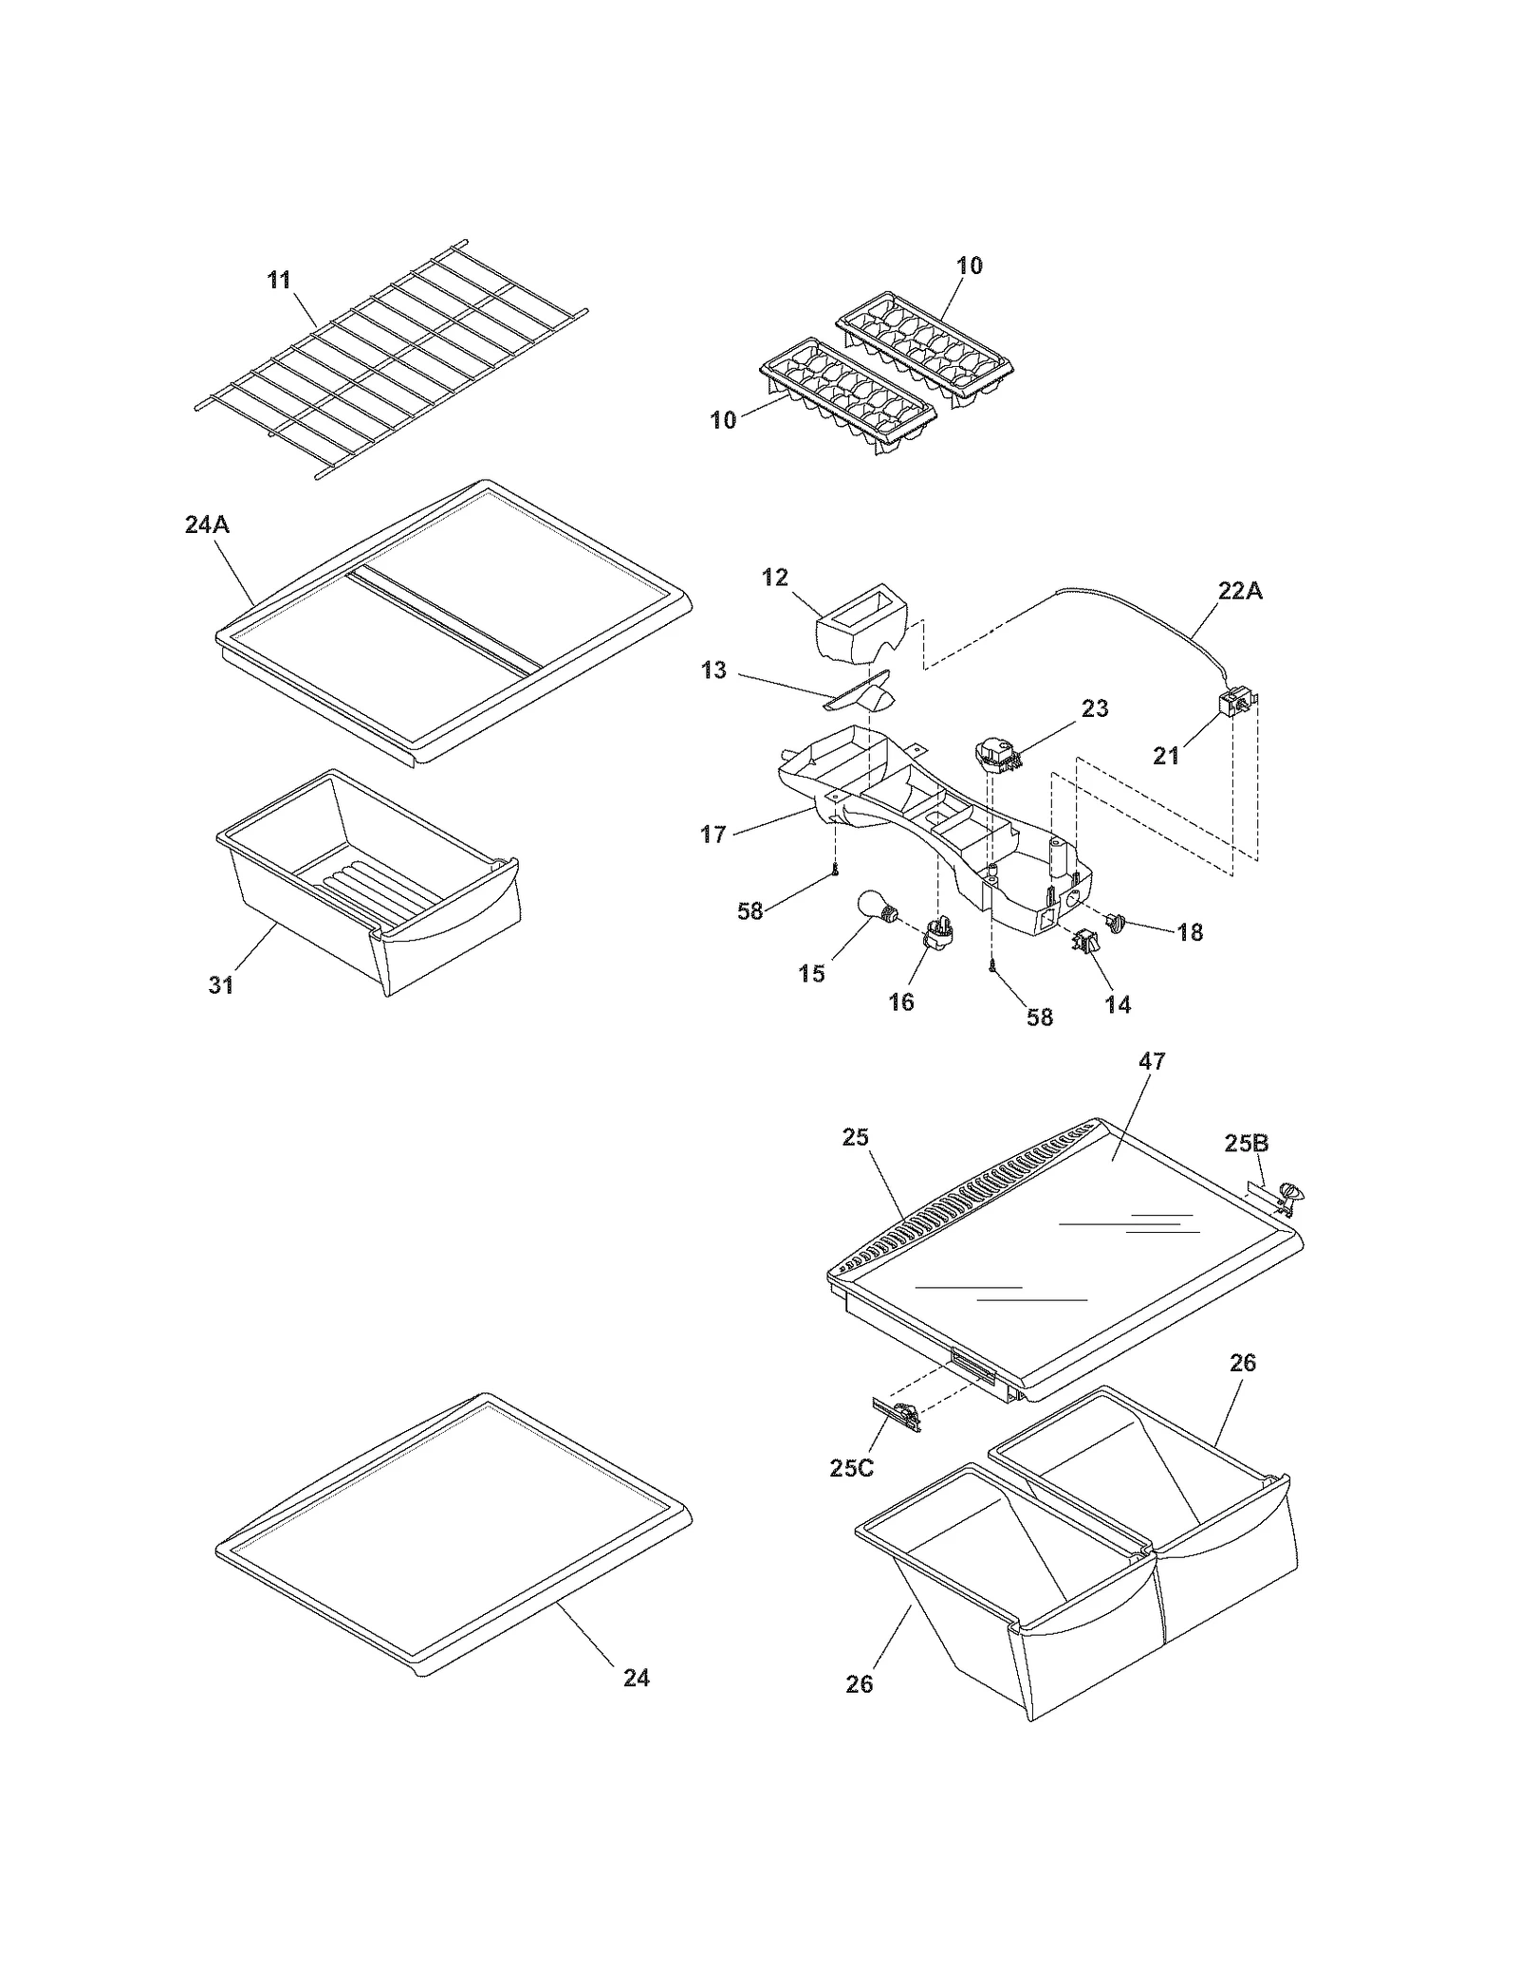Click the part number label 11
click(278, 280)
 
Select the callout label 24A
click(207, 523)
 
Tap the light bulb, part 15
click(876, 907)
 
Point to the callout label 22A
click(1240, 591)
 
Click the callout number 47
click(1151, 1061)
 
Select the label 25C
click(851, 1467)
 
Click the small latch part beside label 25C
click(896, 1416)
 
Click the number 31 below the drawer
click(221, 985)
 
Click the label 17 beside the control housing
click(713, 834)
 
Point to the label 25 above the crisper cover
click(855, 1136)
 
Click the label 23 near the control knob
click(1094, 708)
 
